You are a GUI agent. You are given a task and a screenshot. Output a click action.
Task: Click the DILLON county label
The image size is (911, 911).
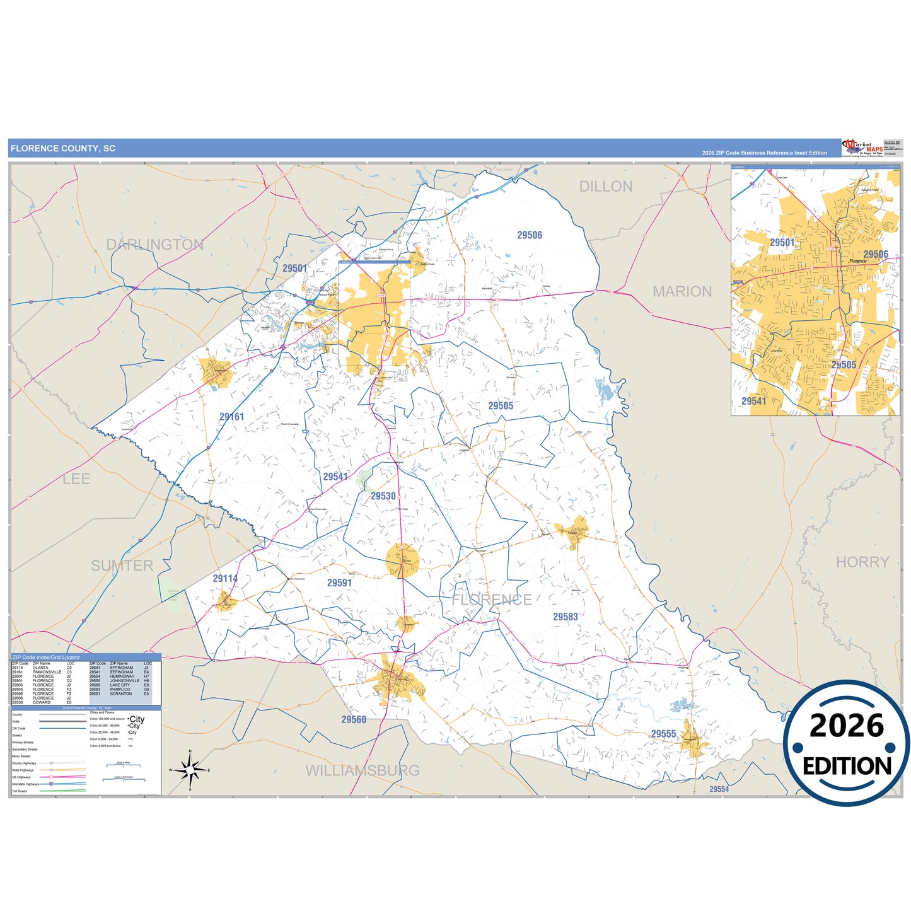point(605,187)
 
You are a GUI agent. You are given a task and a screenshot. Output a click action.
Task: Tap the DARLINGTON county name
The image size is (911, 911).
point(154,245)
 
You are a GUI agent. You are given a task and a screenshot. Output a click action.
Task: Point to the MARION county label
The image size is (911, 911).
point(682,291)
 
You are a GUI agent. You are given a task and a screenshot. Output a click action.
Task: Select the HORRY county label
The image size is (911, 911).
point(862,562)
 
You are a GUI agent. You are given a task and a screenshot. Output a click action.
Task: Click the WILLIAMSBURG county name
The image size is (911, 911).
point(362,770)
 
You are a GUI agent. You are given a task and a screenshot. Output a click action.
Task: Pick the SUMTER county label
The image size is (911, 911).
point(122,566)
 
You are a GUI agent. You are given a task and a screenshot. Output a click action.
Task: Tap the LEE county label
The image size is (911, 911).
point(76,479)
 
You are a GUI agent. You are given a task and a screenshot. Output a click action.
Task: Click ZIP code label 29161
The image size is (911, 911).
point(231,417)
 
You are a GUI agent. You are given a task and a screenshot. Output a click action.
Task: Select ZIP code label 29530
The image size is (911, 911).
point(383,496)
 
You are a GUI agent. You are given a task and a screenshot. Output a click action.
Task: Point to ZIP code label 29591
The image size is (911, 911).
point(339,583)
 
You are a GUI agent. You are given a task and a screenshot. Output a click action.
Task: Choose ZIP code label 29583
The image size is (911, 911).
point(565,617)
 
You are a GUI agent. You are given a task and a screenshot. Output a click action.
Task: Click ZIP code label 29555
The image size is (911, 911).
point(663,734)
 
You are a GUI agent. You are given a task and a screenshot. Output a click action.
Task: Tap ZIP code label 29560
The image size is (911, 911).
point(354,719)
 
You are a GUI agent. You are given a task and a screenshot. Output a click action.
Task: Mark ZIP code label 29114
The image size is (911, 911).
point(225,578)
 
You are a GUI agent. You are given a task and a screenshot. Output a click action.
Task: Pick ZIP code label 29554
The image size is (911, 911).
point(719,789)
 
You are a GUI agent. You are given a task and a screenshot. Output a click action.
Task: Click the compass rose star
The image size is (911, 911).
point(190,770)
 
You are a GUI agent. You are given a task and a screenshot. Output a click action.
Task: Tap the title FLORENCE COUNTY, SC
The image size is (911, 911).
point(63,149)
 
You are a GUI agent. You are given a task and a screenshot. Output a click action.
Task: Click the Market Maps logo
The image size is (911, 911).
point(862,148)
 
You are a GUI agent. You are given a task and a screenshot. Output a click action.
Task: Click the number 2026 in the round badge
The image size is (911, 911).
point(846,726)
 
